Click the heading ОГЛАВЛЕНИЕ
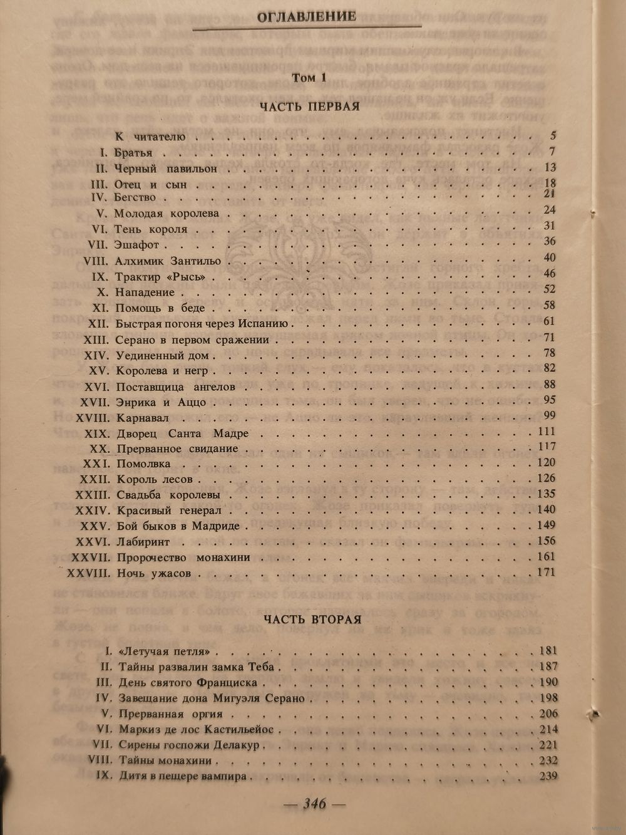pyautogui.click(x=307, y=17)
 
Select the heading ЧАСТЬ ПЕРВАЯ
pyautogui.click(x=309, y=106)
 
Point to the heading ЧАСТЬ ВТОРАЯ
pyautogui.click(x=312, y=619)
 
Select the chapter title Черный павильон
pyautogui.click(x=166, y=169)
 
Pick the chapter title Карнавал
pyautogui.click(x=143, y=418)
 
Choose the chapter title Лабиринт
pyautogui.click(x=143, y=542)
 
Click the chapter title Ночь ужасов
pyautogui.click(x=154, y=573)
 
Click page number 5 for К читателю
pyautogui.click(x=553, y=135)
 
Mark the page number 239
pyautogui.click(x=548, y=776)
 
